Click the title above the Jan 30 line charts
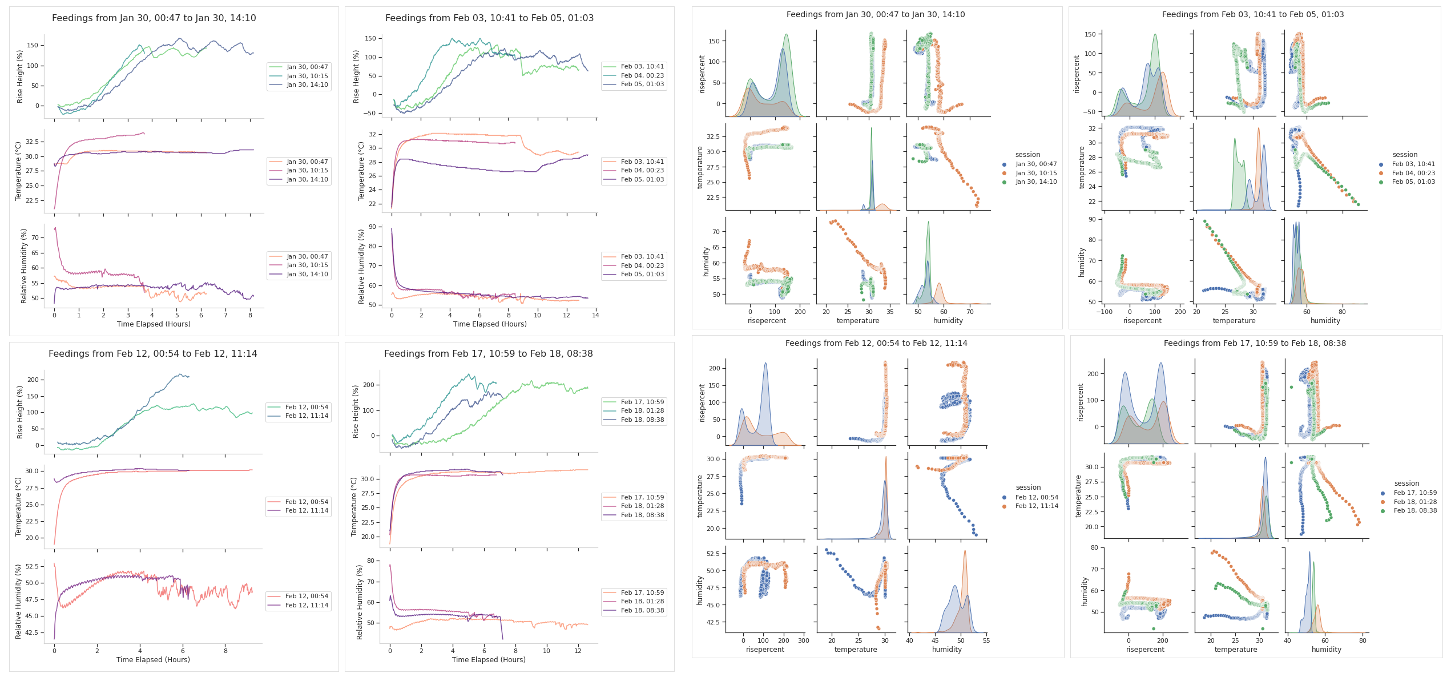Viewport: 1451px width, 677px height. (x=154, y=18)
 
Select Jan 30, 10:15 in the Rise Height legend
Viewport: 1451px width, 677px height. (x=307, y=76)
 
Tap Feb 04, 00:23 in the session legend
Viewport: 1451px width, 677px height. (x=1413, y=173)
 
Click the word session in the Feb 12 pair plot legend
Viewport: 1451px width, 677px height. (x=1028, y=487)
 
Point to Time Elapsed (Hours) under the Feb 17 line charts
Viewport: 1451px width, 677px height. (x=489, y=659)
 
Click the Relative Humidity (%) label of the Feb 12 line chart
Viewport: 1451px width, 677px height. (x=18, y=601)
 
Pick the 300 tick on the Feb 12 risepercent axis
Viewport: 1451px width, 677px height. (x=804, y=640)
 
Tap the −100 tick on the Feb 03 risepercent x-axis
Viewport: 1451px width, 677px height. (x=1104, y=312)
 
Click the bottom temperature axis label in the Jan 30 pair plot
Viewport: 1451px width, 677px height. (x=857, y=321)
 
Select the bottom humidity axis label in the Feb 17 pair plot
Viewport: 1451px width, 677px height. (x=1326, y=650)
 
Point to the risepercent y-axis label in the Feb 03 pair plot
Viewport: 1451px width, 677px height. (x=1077, y=74)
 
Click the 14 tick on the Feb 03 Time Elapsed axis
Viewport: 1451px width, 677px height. (x=595, y=315)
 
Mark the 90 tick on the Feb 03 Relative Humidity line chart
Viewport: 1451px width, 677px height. (x=372, y=227)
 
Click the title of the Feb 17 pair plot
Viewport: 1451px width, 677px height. (x=1255, y=343)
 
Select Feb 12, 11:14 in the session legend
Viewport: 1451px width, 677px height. (x=1037, y=506)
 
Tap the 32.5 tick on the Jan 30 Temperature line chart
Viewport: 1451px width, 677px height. (x=32, y=142)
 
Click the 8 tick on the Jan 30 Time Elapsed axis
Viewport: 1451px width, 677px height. (x=250, y=315)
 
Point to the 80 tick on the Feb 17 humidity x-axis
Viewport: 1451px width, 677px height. (x=1363, y=640)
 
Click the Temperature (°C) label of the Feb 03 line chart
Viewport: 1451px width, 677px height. (x=361, y=171)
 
